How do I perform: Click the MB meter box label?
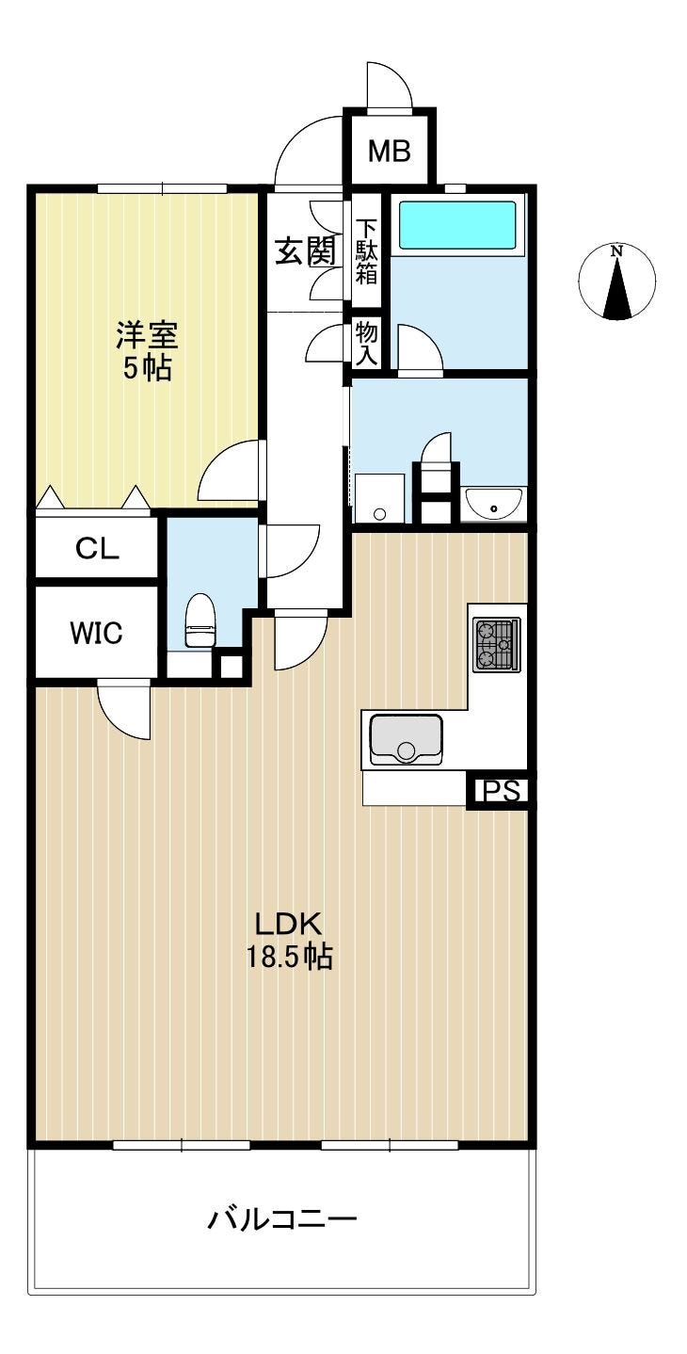point(390,151)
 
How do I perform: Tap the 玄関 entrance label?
point(306,252)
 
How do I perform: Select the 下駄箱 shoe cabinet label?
point(365,251)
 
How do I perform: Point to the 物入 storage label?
point(366,344)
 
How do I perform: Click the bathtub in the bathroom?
point(456,224)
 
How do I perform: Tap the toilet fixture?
point(200,620)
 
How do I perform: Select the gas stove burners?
point(497,644)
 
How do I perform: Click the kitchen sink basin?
point(406,738)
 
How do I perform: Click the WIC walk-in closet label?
point(97,633)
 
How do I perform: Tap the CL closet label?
point(97,549)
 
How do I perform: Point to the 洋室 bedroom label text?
point(147,336)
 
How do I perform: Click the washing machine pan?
point(379,498)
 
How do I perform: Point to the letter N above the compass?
point(616,250)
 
